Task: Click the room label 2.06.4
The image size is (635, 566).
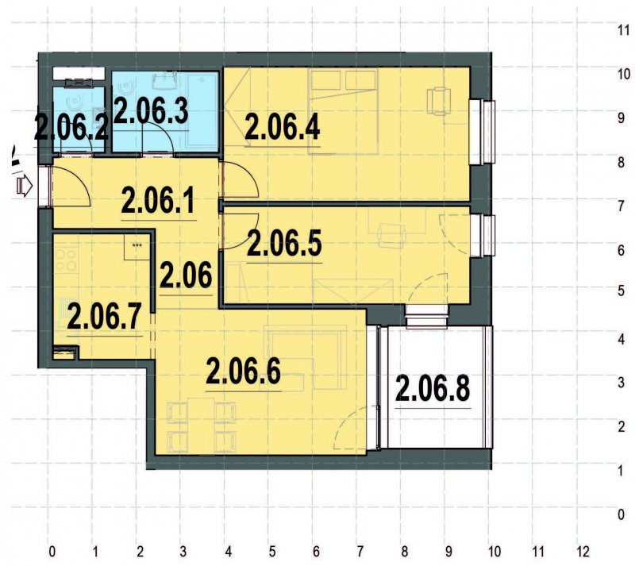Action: coord(283,128)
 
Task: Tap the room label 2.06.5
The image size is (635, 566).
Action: coord(284,243)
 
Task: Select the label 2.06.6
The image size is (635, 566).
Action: coord(244,371)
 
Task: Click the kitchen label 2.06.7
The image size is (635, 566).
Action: coord(104,318)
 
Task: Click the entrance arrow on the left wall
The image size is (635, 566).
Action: coord(25,187)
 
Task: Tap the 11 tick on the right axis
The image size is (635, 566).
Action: coord(624,29)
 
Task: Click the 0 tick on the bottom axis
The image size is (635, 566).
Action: coord(52,549)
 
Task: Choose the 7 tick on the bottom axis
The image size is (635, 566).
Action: coord(360,549)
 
